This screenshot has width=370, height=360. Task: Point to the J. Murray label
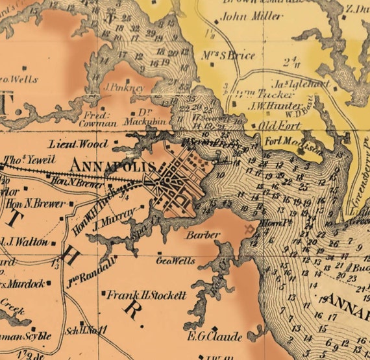tap(114, 220)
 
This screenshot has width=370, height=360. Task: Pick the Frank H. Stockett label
tap(147, 295)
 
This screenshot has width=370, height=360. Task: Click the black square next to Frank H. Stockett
tap(104, 294)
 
